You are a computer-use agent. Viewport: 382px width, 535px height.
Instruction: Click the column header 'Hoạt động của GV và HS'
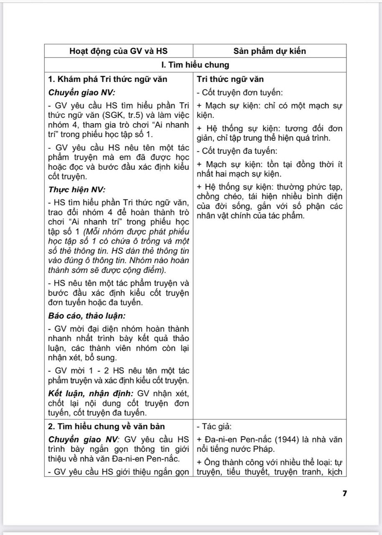click(118, 51)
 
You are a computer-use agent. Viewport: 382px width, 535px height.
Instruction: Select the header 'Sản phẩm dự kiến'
click(270, 51)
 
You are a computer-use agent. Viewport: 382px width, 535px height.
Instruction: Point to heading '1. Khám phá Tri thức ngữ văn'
click(109, 79)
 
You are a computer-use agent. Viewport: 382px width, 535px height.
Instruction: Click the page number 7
click(344, 493)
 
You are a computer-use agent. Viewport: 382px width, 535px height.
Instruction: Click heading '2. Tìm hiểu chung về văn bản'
click(106, 427)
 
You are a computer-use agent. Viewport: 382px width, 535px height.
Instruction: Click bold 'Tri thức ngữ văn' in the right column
click(230, 79)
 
